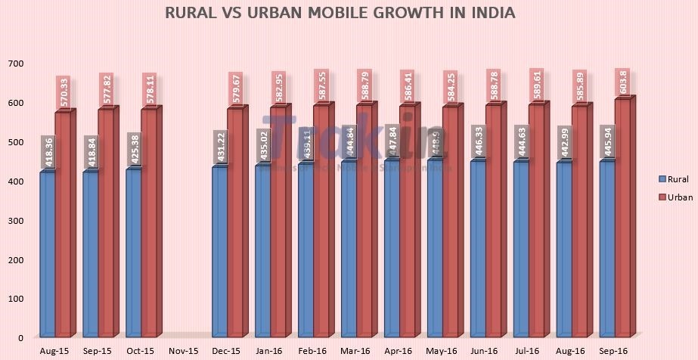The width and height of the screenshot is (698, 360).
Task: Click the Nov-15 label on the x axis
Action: (x=182, y=351)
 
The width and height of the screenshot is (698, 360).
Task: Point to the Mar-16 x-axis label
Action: (x=354, y=351)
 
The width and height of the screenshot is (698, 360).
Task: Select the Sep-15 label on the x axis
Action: (x=96, y=351)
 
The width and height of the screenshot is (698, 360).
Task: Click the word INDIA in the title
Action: (x=494, y=13)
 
